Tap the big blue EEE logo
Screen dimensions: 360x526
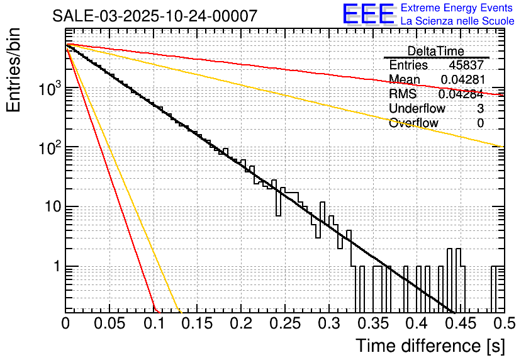pyautogui.click(x=368, y=14)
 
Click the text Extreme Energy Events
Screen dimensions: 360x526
pyautogui.click(x=457, y=8)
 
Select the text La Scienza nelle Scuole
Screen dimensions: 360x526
pyautogui.click(x=457, y=21)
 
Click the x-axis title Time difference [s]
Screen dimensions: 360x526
pyautogui.click(x=430, y=345)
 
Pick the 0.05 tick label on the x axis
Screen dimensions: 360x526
pyautogui.click(x=109, y=324)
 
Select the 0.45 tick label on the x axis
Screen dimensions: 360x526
pyautogui.click(x=460, y=324)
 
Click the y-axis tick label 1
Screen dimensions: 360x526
pyautogui.click(x=54, y=266)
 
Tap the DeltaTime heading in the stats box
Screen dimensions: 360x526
pyautogui.click(x=436, y=51)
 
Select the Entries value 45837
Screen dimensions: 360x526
pyautogui.click(x=466, y=65)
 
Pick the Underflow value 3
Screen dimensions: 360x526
pyautogui.click(x=481, y=108)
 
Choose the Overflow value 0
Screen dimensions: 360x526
pyautogui.click(x=481, y=123)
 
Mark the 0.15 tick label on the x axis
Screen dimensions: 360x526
pyautogui.click(x=197, y=324)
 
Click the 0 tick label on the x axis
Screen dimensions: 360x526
pyautogui.click(x=65, y=324)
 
